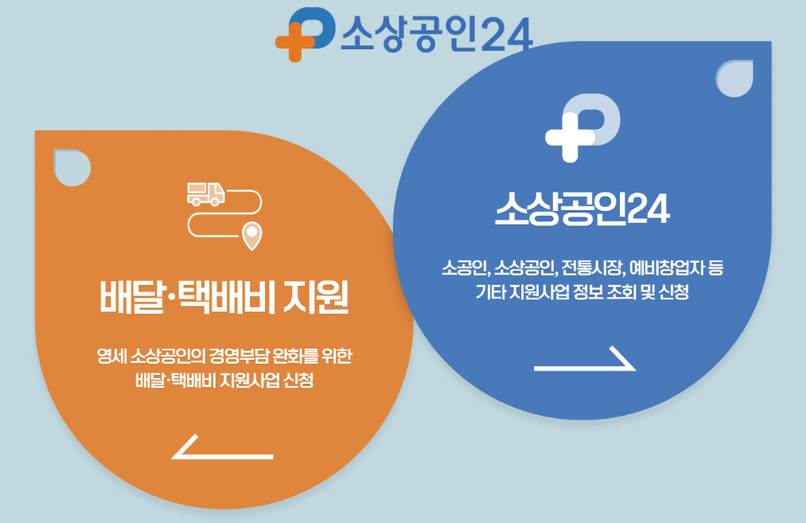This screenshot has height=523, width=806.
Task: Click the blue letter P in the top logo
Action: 315,29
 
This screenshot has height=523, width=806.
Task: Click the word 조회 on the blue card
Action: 617,292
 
